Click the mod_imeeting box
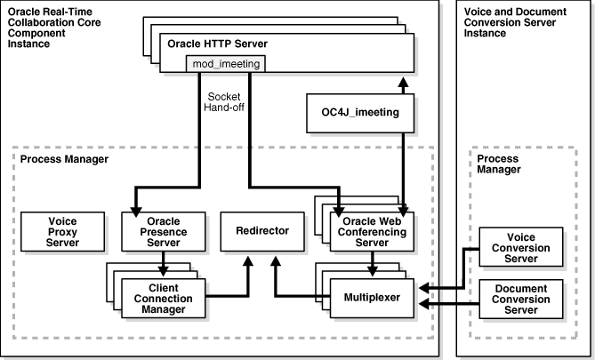[x=225, y=63]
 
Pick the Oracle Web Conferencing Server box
[x=372, y=230]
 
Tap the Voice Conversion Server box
[x=521, y=245]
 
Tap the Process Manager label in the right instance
[x=497, y=164]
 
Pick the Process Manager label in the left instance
[x=59, y=159]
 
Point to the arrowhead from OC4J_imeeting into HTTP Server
[x=405, y=82]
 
